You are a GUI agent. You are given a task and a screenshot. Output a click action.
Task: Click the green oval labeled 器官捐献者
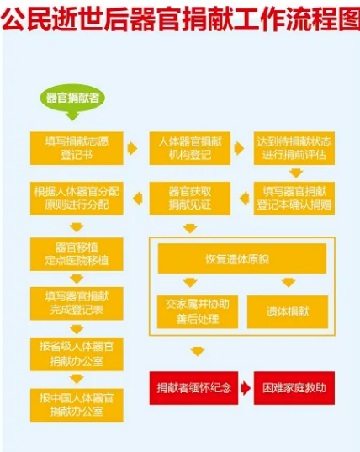click(x=72, y=98)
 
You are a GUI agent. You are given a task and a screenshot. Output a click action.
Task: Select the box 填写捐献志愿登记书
click(x=77, y=148)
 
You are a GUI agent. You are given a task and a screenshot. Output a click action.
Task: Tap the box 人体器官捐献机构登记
click(x=190, y=148)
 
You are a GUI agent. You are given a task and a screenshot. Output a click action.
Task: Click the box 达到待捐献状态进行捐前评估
click(x=294, y=148)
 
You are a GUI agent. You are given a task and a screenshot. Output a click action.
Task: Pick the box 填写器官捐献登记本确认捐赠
click(x=294, y=199)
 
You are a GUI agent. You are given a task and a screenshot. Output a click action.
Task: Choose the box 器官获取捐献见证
click(x=190, y=199)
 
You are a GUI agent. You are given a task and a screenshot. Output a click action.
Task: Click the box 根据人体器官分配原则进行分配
click(x=77, y=199)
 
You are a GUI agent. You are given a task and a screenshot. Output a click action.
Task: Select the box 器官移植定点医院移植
click(x=77, y=254)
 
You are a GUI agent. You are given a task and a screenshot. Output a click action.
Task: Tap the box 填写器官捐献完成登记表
click(x=77, y=304)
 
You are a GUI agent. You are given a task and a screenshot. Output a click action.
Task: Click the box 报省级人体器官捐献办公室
click(x=77, y=354)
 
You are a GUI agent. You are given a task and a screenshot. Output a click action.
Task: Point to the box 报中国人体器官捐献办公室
click(x=77, y=405)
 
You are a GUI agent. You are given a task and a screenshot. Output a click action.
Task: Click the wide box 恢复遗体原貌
click(x=242, y=258)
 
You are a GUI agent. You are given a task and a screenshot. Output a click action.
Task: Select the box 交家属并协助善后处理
click(x=198, y=312)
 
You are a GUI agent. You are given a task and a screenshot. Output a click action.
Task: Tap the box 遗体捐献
click(x=288, y=312)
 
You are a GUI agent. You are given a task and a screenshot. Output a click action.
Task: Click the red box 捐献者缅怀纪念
click(x=193, y=388)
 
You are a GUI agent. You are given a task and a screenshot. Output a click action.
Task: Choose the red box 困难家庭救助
click(x=294, y=388)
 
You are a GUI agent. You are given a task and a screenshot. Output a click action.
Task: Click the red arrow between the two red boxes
click(x=246, y=388)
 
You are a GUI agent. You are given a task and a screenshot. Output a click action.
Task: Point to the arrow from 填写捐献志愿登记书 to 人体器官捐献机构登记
click(x=133, y=148)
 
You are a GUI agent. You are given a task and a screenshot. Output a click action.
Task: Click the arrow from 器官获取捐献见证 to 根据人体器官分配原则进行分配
click(x=138, y=199)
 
